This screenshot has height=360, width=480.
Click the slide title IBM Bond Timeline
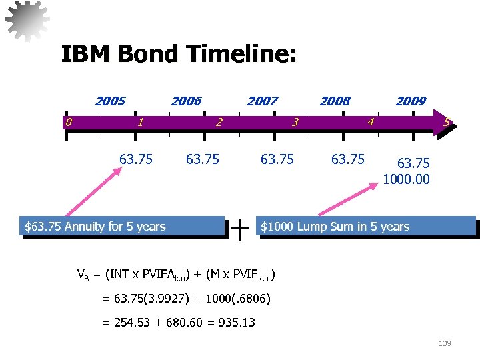pos(179,54)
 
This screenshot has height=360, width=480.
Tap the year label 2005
pos(110,101)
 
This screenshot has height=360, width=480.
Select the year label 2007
pos(262,101)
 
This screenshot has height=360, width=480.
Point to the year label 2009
pos(411,101)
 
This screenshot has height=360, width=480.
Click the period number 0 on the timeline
pos(68,121)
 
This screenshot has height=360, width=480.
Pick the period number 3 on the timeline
pos(295,122)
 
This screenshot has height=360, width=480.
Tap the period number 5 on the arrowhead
pos(447,122)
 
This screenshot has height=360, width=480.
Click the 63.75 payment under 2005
pos(136,159)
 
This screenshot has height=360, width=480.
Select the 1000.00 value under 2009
pos(406,179)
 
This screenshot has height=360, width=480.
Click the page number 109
pos(445,343)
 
